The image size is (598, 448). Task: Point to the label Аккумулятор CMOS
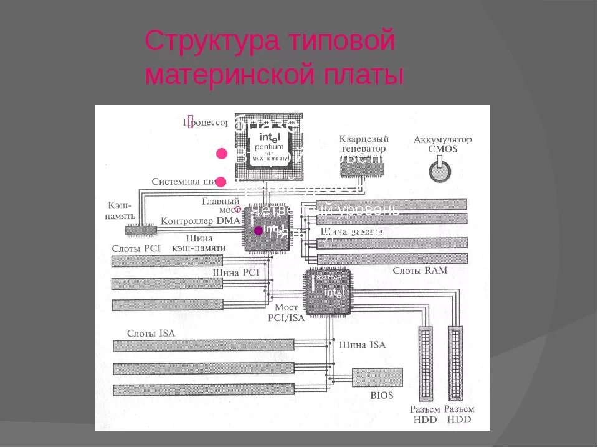442,144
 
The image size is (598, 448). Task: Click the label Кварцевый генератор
364,144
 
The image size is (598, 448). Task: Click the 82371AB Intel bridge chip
328,292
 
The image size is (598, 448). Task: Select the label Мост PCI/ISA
287,313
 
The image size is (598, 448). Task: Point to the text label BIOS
382,396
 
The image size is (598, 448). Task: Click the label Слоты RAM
419,271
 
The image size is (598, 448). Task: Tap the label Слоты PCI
136,248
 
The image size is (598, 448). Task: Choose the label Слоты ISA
151,334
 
